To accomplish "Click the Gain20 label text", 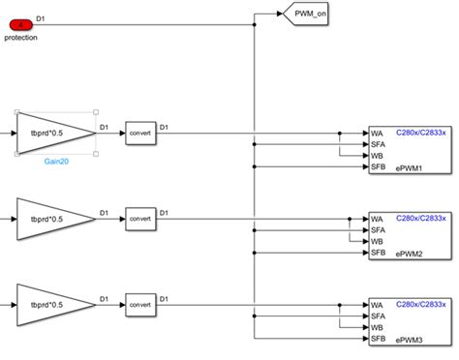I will coord(55,163).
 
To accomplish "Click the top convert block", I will coord(140,133).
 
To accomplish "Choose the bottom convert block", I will coord(140,305).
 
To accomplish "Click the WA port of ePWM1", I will coord(377,133).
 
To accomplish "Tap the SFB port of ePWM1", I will coord(379,166).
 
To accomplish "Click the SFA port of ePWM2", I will coord(379,230).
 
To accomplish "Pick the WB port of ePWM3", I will coord(377,328).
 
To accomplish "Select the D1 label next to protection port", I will coord(39,17).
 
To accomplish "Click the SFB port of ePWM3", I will coord(379,339).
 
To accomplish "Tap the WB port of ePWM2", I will coord(377,242).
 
